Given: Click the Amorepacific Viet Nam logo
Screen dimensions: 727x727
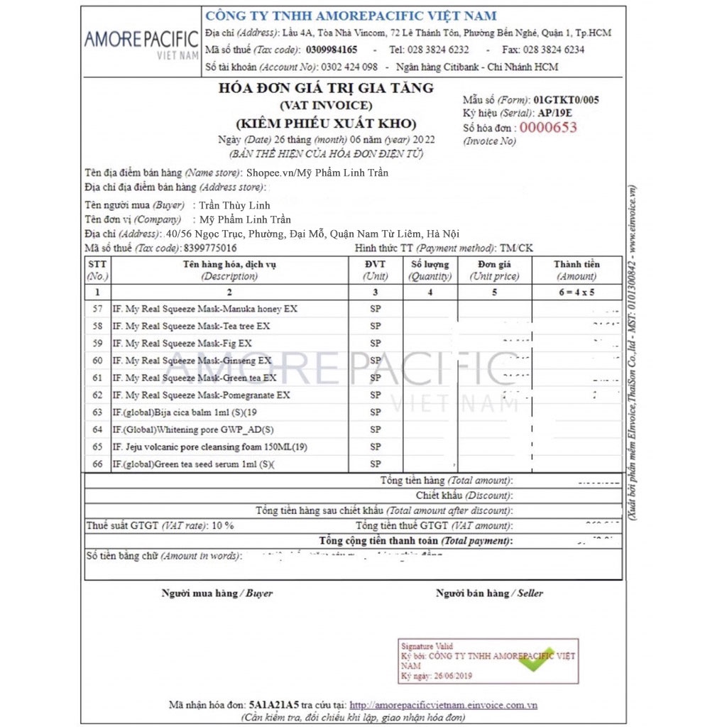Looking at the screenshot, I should tap(141, 43).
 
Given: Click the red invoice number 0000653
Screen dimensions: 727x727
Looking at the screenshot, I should tap(548, 128).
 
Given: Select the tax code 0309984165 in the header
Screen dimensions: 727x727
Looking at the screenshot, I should tap(332, 50).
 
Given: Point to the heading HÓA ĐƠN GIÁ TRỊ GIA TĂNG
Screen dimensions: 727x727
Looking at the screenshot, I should tap(326, 88).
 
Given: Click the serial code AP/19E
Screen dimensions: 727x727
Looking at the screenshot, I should tap(559, 113).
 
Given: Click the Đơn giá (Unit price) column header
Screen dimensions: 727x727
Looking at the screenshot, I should tap(494, 270).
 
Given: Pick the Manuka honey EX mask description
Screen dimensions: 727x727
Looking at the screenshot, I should tap(205, 309).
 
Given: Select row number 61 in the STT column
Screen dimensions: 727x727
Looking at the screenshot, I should tap(97, 378).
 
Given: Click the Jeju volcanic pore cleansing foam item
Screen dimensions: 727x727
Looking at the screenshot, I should tap(209, 447).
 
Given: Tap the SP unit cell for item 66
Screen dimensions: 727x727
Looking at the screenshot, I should tap(375, 464).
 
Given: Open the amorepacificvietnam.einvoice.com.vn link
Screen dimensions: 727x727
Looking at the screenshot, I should tap(443, 705).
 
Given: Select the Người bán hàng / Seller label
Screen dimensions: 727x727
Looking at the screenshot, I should tap(489, 593).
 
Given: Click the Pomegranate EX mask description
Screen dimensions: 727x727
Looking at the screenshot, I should tap(202, 395).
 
